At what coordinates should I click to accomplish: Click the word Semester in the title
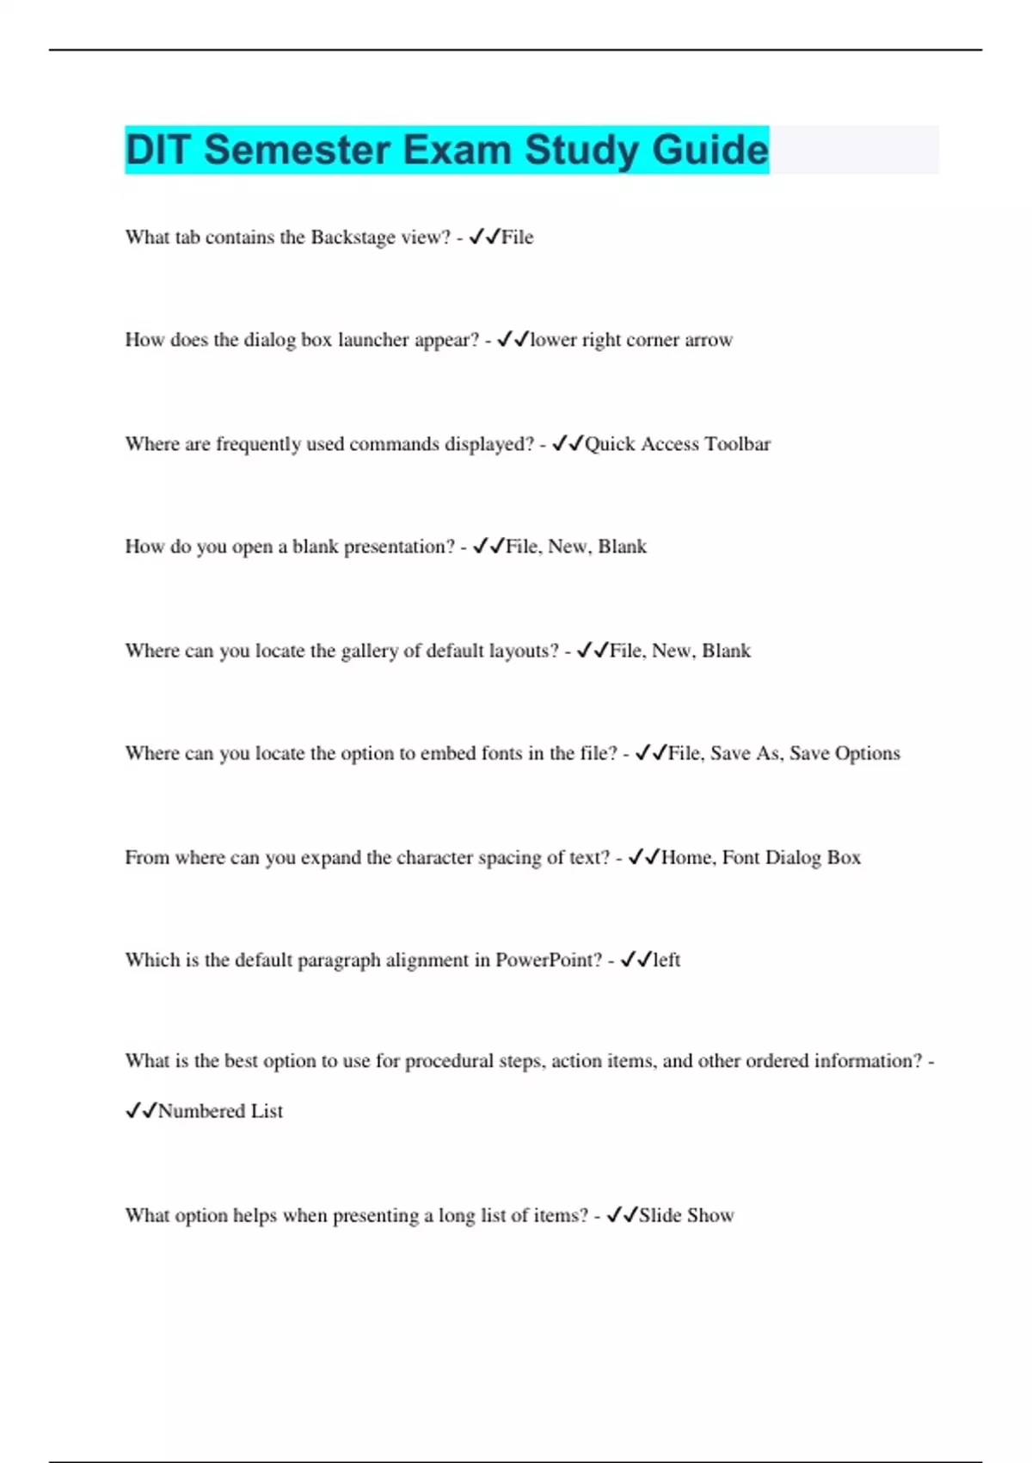click(297, 150)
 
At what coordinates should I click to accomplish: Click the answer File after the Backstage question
click(517, 238)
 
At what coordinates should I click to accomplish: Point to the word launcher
click(373, 340)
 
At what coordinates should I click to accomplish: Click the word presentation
click(399, 546)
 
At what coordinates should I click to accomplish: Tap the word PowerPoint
click(549, 960)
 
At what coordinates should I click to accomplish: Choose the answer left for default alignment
click(666, 960)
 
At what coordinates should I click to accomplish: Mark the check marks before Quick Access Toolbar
click(568, 443)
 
